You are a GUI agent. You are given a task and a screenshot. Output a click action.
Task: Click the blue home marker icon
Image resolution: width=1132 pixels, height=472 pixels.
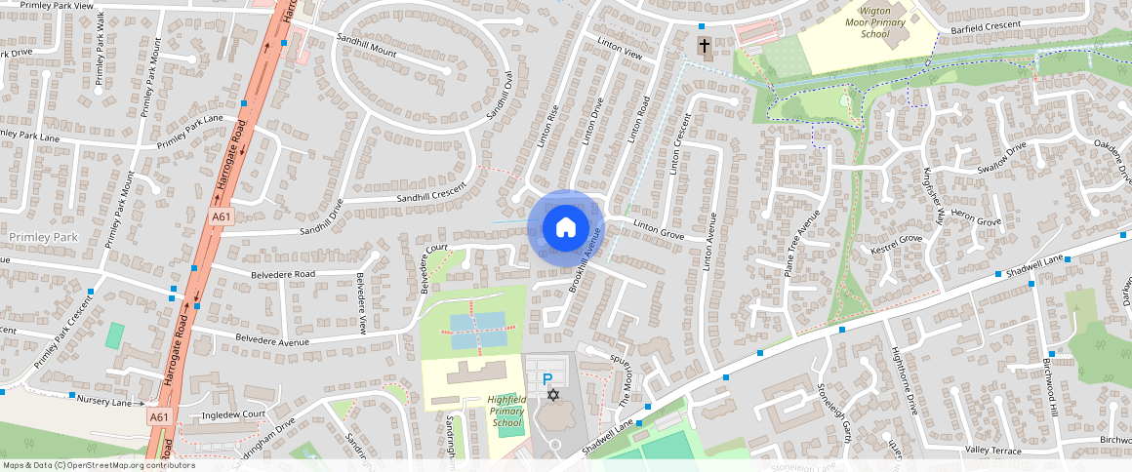(566, 228)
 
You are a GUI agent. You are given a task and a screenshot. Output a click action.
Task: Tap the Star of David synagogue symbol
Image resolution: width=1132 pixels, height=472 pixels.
(553, 395)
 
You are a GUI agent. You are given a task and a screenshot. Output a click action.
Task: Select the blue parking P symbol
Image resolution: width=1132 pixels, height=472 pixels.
(547, 378)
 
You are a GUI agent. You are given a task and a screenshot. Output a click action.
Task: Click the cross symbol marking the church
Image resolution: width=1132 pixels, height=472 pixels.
(704, 46)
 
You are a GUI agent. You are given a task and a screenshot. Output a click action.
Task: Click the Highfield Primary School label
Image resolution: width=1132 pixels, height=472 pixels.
(507, 412)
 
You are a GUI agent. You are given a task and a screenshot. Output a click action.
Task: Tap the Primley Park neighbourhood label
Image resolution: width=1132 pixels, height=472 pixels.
(42, 237)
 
